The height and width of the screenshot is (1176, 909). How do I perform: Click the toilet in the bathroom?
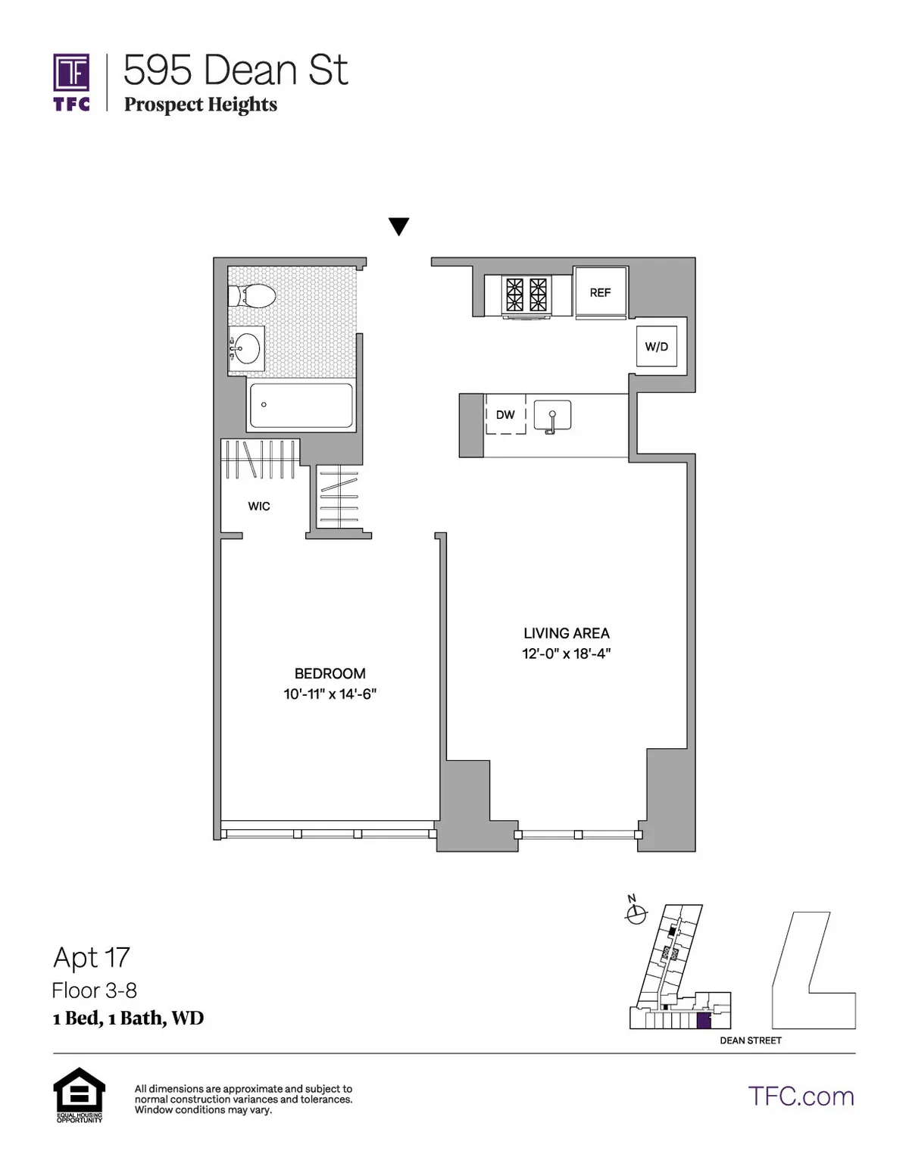[x=253, y=295]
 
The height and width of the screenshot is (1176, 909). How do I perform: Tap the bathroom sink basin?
[x=246, y=349]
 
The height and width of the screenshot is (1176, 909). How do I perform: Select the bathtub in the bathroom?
[x=301, y=405]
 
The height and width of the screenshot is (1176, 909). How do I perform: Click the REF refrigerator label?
[x=600, y=292]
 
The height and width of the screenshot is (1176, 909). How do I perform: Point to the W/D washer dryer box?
[x=656, y=347]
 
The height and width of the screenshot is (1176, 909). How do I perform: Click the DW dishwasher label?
[x=505, y=414]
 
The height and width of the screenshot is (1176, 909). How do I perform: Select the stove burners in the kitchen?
[x=526, y=295]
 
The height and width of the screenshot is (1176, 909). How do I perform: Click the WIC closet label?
[x=259, y=506]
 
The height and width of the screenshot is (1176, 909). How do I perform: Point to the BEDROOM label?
[x=330, y=673]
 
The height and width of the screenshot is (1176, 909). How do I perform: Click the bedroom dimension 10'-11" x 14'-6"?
[x=330, y=694]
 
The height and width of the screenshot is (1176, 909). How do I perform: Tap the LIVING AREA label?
[x=566, y=633]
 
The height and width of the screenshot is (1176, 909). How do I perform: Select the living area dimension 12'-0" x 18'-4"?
[x=566, y=654]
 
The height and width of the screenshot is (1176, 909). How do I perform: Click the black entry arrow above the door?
[x=398, y=226]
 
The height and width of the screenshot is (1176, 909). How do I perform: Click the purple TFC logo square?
[x=71, y=73]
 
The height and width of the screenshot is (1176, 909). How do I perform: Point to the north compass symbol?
[x=636, y=913]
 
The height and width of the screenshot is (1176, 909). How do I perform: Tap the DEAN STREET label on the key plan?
[x=750, y=1040]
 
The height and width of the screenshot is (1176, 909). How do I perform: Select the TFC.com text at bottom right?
[x=801, y=1096]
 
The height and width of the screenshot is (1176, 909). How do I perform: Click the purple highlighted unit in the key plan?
[x=703, y=1020]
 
